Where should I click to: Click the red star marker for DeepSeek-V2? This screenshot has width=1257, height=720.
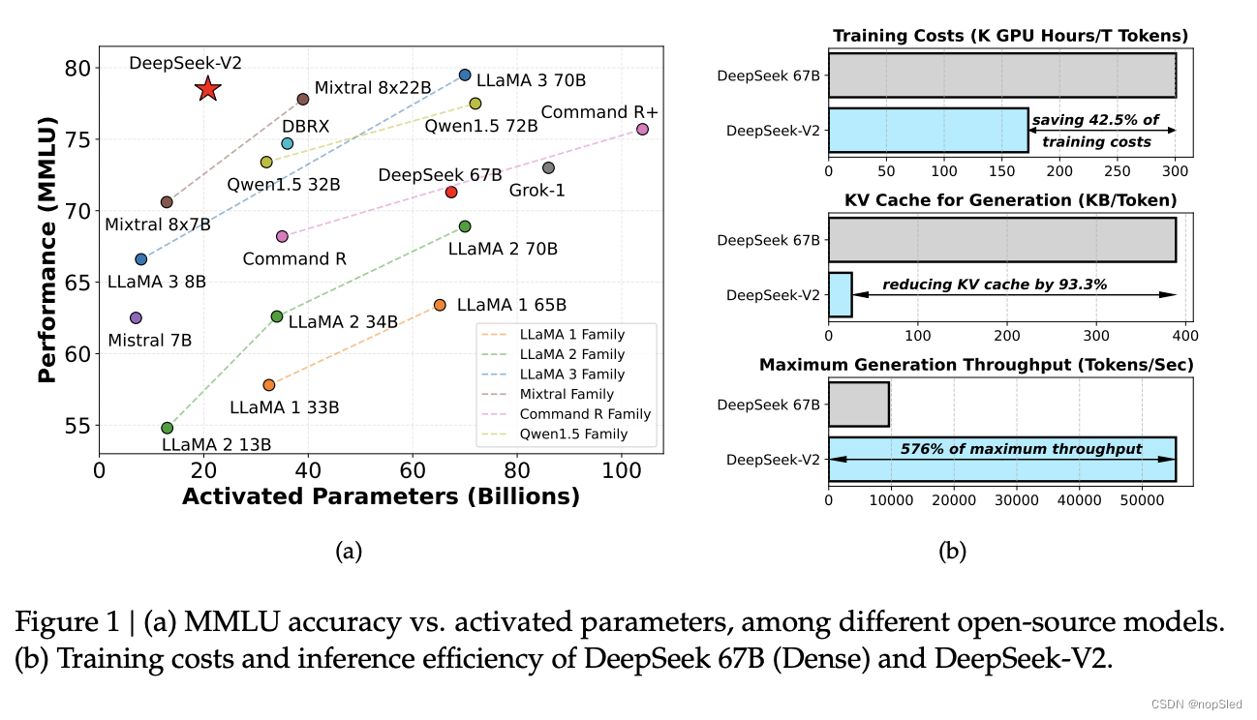(x=207, y=89)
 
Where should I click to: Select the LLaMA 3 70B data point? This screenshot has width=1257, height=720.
(x=465, y=75)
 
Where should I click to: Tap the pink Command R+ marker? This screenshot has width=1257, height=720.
(x=642, y=129)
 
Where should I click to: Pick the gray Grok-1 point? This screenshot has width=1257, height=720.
(x=548, y=167)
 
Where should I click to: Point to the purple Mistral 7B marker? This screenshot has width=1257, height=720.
(x=136, y=317)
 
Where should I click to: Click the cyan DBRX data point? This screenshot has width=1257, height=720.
(x=287, y=143)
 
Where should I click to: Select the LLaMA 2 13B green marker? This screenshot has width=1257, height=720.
(x=167, y=428)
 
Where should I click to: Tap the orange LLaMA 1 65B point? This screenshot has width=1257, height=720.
(x=440, y=305)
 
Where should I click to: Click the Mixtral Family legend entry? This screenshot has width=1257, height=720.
(x=566, y=394)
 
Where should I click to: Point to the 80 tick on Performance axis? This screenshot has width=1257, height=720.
(x=77, y=69)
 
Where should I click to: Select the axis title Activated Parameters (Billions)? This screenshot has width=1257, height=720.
(x=381, y=496)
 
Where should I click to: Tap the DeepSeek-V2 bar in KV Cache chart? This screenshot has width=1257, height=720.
(x=840, y=294)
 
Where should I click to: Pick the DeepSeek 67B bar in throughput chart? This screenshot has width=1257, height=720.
(x=858, y=405)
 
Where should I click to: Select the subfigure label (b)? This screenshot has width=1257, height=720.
(x=952, y=552)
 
